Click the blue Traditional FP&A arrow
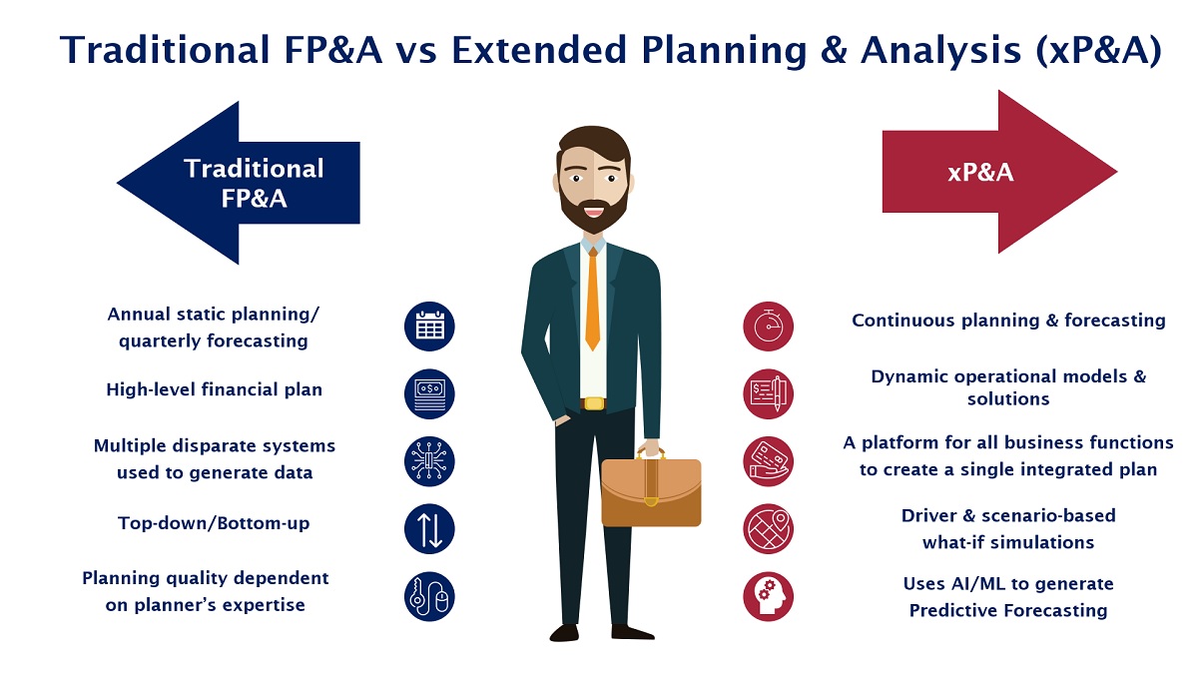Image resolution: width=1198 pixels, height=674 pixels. (239, 183)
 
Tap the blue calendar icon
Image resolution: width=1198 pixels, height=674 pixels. (429, 327)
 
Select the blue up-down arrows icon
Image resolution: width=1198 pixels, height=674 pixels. (429, 529)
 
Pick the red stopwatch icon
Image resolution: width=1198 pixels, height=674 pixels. (768, 327)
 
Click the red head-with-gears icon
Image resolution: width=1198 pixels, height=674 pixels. (768, 596)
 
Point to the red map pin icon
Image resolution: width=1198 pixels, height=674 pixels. (768, 529)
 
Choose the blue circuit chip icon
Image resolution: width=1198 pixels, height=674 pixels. (429, 461)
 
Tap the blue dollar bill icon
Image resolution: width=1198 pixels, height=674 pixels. (429, 394)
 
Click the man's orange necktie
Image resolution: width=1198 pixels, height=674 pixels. (592, 300)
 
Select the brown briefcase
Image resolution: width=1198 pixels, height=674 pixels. (651, 488)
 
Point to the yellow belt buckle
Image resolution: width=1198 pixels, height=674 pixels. (594, 403)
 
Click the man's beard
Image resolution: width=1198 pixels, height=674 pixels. (593, 212)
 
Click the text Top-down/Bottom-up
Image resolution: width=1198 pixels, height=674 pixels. (214, 522)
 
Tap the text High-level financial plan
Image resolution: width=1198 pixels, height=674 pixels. (214, 389)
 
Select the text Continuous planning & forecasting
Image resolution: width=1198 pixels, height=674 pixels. (1008, 320)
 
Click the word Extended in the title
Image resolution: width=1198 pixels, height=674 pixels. (538, 50)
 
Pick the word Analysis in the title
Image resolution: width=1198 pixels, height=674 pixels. (941, 51)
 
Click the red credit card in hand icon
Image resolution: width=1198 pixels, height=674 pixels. (768, 461)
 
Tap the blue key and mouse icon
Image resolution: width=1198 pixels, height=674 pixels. (429, 596)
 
